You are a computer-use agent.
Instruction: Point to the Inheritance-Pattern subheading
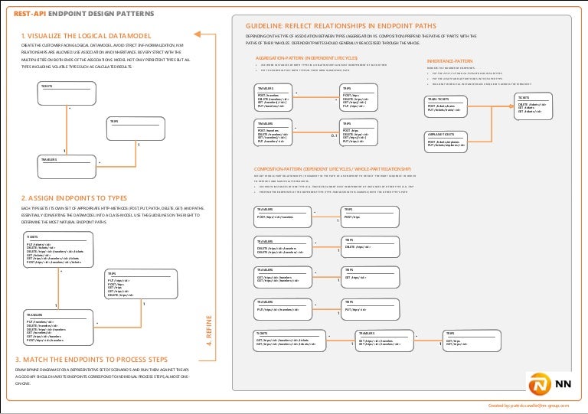click(449, 60)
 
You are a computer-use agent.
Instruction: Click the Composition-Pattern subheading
click(332, 168)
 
